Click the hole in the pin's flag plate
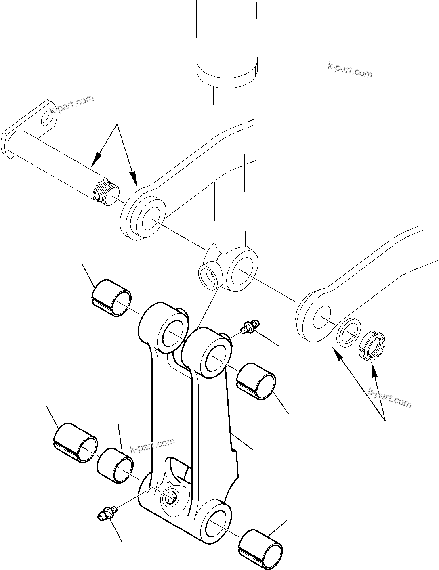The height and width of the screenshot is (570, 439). click(48, 118)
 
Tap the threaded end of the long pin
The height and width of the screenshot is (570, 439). click(105, 193)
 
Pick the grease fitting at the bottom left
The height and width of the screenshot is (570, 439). click(107, 513)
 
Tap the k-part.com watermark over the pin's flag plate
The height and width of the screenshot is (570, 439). click(71, 105)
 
